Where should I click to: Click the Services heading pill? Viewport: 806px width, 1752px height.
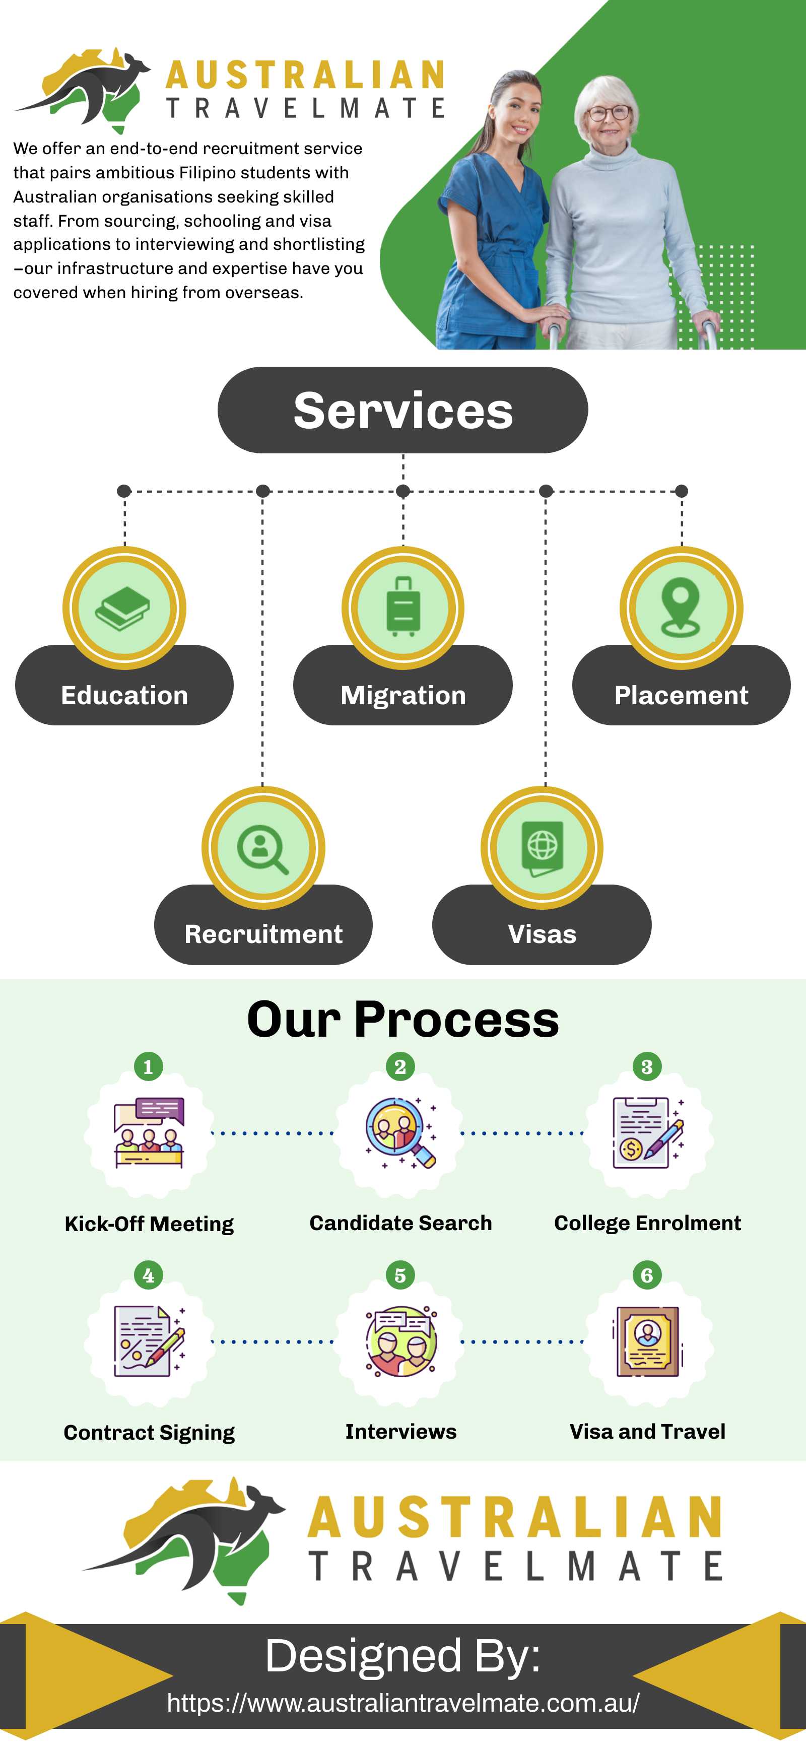(x=402, y=410)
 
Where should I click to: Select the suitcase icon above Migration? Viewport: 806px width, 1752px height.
(x=402, y=606)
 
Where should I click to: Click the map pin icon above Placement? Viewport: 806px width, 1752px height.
(x=681, y=606)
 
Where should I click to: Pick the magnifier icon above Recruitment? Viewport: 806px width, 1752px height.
(x=262, y=848)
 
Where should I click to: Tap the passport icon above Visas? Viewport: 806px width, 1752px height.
(x=542, y=847)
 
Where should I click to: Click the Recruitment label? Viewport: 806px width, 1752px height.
(x=263, y=934)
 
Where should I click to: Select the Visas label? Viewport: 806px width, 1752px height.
(x=542, y=934)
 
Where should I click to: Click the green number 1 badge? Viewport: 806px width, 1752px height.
(x=148, y=1066)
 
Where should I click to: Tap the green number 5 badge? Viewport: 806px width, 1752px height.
(x=400, y=1275)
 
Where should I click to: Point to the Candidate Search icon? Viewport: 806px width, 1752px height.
(x=400, y=1132)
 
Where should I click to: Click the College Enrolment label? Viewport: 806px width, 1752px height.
(x=647, y=1223)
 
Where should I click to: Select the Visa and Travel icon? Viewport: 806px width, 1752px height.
(x=647, y=1341)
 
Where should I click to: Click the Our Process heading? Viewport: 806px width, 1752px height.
(x=402, y=1020)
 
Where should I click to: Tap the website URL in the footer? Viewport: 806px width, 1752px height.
(x=402, y=1702)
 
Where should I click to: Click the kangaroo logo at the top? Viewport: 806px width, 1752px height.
(x=85, y=89)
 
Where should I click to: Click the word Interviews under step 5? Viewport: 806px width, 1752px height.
(x=400, y=1431)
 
